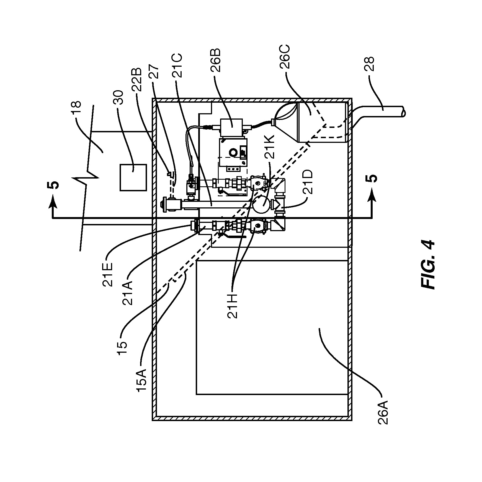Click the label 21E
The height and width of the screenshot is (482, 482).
pos(108,274)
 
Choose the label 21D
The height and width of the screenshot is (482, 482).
pos(309,181)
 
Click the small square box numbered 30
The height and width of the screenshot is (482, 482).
pos(133,177)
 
